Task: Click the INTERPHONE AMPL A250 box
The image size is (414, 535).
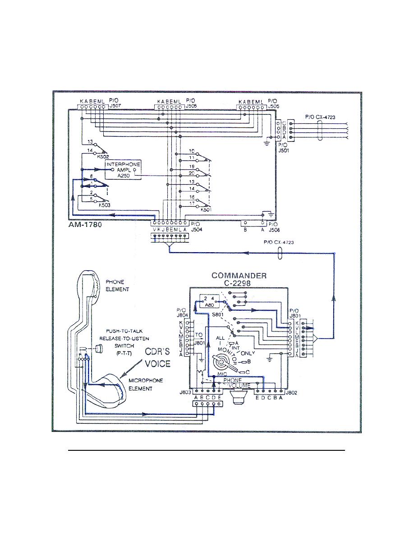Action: click(x=123, y=170)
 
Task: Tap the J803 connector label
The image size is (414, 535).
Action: click(x=184, y=392)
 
